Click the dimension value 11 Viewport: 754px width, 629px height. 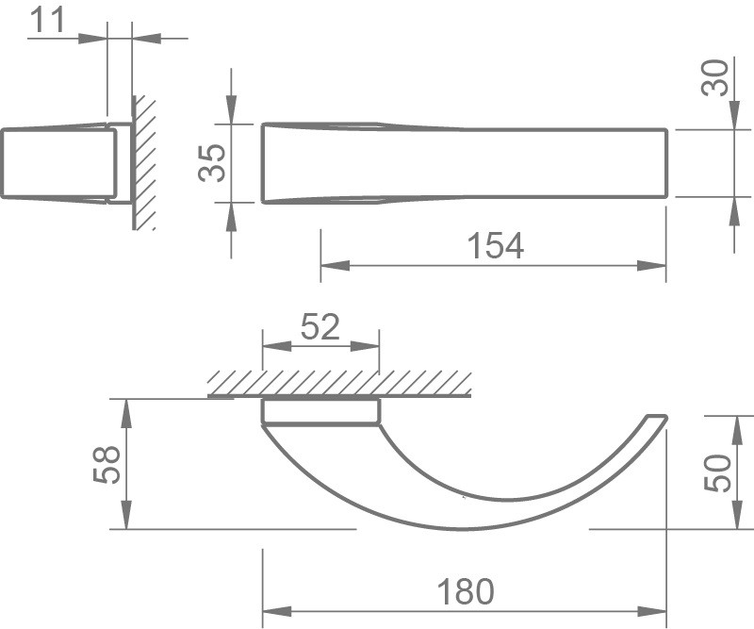coord(47,20)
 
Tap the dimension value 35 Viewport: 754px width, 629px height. coord(212,163)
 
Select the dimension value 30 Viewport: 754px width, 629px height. coord(715,77)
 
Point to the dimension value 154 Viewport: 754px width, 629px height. coord(496,245)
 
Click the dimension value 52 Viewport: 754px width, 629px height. coord(320,327)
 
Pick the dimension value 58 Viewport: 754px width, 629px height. coord(107,464)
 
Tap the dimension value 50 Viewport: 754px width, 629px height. coord(717,473)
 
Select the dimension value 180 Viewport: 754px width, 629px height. coord(466,591)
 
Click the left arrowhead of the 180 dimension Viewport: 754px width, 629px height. coord(277,612)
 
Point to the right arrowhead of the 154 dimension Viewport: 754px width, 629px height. coord(651,265)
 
